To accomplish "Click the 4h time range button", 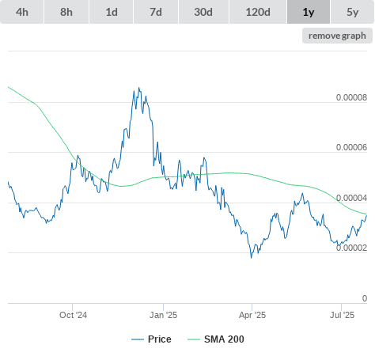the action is click(x=22, y=12).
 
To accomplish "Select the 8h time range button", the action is click(x=66, y=12).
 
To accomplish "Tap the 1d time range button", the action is click(x=112, y=12).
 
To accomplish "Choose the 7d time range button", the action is click(x=156, y=12).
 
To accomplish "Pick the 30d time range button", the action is click(x=203, y=12).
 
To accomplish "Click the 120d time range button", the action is click(x=258, y=12).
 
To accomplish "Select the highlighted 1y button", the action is click(x=309, y=12).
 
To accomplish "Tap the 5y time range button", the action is click(x=353, y=12).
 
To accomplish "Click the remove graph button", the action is click(x=337, y=36).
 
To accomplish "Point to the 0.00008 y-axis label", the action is click(x=351, y=97).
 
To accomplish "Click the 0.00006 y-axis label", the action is click(x=351, y=147).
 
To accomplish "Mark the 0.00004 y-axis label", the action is click(x=351, y=198).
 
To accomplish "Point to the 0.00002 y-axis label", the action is click(x=351, y=248).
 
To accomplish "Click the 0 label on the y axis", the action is click(x=365, y=298).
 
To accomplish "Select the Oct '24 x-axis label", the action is click(x=73, y=315).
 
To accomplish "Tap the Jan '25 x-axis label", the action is click(x=163, y=315).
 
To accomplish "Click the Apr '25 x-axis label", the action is click(x=252, y=315).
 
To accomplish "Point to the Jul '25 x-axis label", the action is click(x=342, y=315).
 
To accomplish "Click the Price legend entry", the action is click(x=151, y=339).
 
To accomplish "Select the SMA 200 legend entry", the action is click(x=216, y=339).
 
